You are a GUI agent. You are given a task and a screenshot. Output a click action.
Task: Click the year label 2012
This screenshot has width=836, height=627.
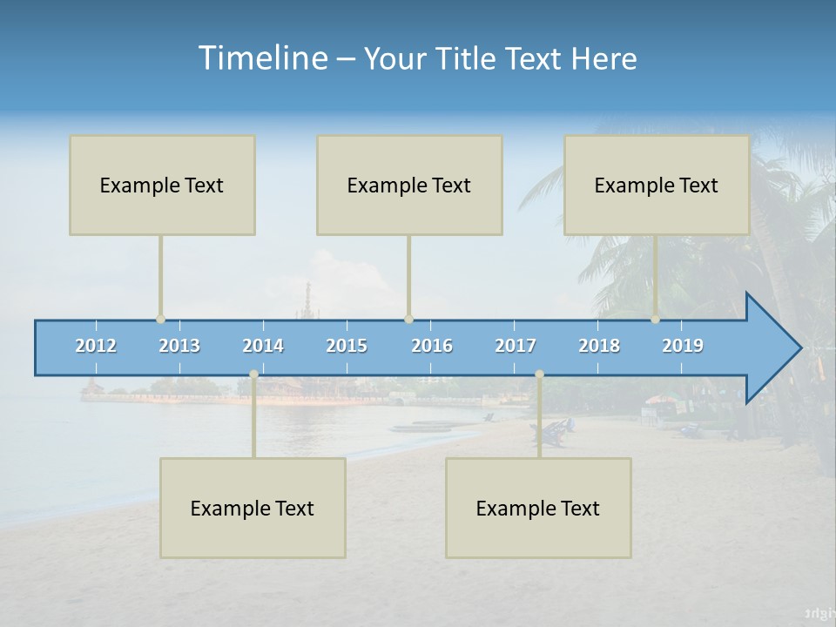96,346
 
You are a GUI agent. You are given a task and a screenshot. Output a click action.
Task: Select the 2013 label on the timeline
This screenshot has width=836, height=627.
179,346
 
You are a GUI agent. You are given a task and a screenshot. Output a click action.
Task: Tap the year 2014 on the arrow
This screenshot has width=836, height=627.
263,346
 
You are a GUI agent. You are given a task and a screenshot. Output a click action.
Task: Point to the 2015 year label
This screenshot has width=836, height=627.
347,346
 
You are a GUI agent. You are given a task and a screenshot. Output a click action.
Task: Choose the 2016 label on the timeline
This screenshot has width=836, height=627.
432,346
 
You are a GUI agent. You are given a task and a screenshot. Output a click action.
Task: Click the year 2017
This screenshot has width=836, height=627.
516,346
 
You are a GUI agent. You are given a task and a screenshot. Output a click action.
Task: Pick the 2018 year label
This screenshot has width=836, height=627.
599,346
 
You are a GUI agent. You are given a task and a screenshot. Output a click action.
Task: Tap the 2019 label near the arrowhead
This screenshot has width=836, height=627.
683,346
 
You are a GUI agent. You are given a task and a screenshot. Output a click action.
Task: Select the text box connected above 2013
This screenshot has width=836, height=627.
162,185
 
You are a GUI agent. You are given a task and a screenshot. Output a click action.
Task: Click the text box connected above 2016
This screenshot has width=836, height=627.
409,185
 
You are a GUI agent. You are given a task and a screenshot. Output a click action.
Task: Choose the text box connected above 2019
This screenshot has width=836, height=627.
657,185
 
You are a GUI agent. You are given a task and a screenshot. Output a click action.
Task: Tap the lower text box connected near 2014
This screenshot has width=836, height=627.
253,508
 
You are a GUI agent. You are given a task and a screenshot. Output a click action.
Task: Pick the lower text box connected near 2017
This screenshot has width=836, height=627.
538,508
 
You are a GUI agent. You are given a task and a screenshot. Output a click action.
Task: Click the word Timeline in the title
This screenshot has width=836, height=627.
261,57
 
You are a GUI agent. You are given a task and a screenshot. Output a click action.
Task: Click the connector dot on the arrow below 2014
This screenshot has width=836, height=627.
253,374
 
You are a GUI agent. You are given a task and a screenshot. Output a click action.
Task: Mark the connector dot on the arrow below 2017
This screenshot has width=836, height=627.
539,374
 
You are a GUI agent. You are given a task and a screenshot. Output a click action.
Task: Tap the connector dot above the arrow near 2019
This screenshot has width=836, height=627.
656,320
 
